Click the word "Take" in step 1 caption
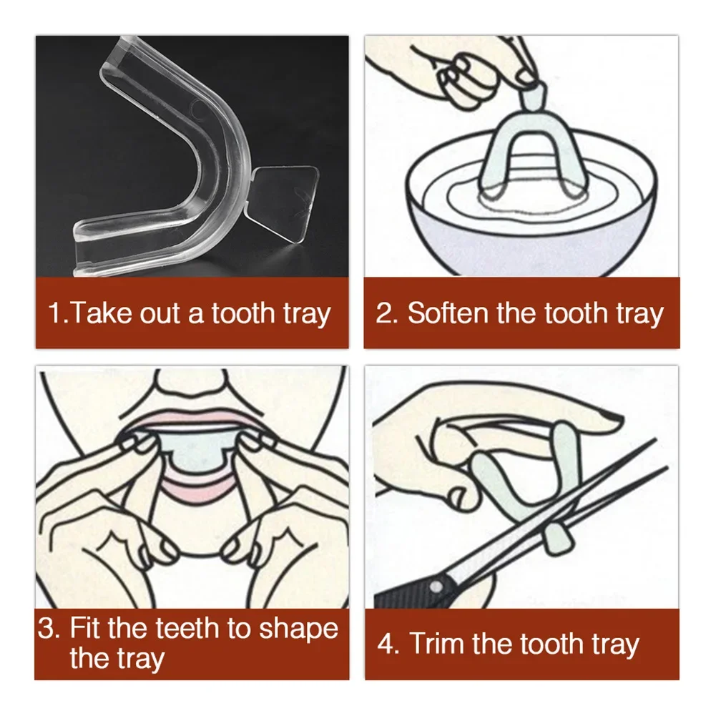click(103, 313)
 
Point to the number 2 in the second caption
click(386, 313)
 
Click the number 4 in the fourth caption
click(387, 644)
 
